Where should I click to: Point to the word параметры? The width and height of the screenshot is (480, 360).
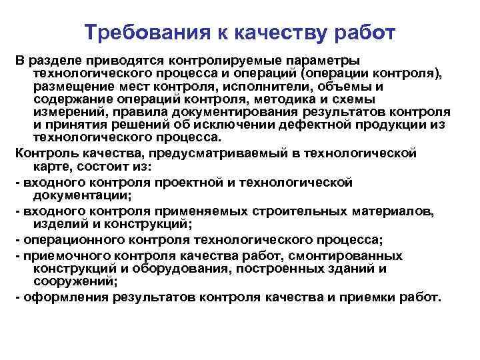coord(322,61)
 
